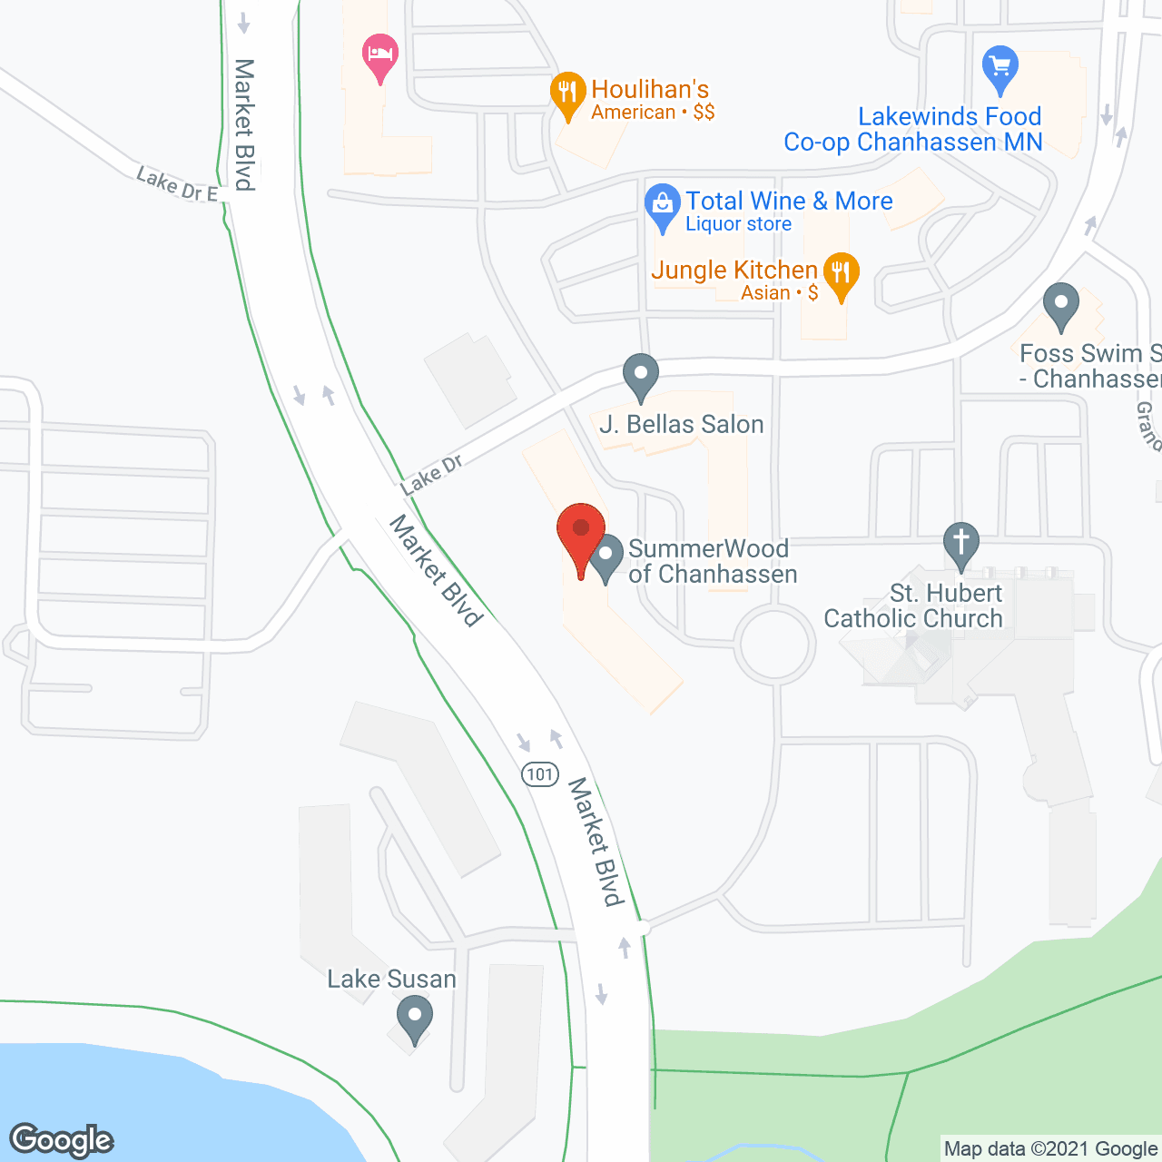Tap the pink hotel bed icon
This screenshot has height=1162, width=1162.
click(380, 55)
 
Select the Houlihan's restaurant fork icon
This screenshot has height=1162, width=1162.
click(567, 93)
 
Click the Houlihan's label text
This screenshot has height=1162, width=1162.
click(650, 90)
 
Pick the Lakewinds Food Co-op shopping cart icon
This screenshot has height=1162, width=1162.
click(1000, 67)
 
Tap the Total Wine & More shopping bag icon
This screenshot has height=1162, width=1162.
click(663, 205)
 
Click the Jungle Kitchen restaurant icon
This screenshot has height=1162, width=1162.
click(842, 273)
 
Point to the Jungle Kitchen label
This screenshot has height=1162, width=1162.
click(734, 271)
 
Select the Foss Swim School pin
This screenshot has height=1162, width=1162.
click(1060, 304)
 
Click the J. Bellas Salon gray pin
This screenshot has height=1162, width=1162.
click(641, 374)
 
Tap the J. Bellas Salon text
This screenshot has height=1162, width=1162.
click(682, 425)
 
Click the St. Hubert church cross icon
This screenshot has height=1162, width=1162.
click(961, 543)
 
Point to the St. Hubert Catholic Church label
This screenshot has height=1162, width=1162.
click(913, 606)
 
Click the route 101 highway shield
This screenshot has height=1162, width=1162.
click(539, 774)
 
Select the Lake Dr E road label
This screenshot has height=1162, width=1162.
click(177, 184)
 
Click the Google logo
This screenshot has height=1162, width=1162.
click(62, 1140)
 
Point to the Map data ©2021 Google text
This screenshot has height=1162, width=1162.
click(1050, 1149)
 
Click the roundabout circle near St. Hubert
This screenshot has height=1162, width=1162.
click(774, 645)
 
